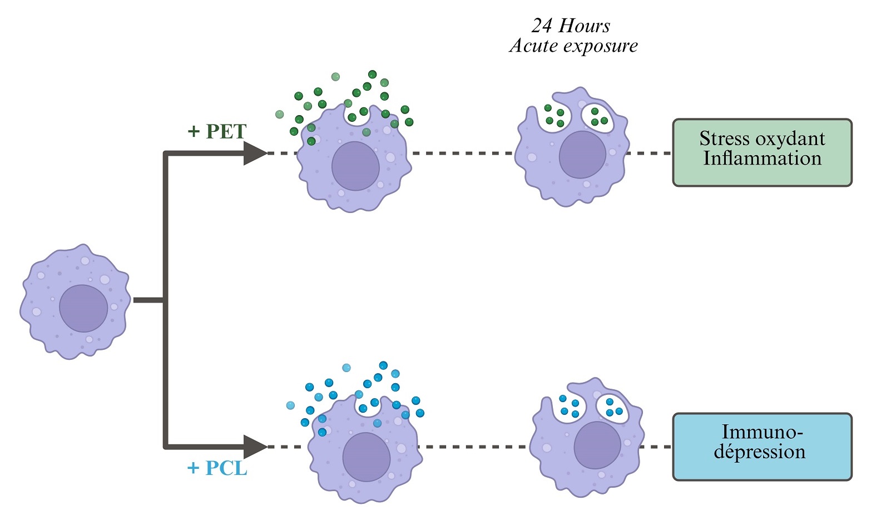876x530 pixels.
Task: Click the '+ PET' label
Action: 217,131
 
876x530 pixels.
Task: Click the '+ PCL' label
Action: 217,468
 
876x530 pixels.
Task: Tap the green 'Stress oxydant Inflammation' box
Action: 762,152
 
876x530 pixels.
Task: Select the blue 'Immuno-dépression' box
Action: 762,447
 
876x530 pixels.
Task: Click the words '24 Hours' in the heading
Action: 571,26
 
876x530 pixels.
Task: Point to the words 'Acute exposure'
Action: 573,46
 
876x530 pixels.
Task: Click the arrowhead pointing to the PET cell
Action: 255,153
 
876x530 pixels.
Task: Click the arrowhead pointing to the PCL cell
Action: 255,447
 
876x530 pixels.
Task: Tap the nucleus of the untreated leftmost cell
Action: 83,308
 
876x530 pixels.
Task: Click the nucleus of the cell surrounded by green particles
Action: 355,166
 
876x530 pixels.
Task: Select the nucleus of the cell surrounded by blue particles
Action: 367,457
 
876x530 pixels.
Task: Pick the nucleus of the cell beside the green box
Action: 582,155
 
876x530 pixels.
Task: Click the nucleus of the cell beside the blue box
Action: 597,445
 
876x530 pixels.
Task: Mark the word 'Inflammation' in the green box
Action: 762,158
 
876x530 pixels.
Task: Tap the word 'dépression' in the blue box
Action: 760,452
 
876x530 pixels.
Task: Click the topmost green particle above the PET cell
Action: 372,75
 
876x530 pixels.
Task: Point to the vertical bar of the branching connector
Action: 165,300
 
